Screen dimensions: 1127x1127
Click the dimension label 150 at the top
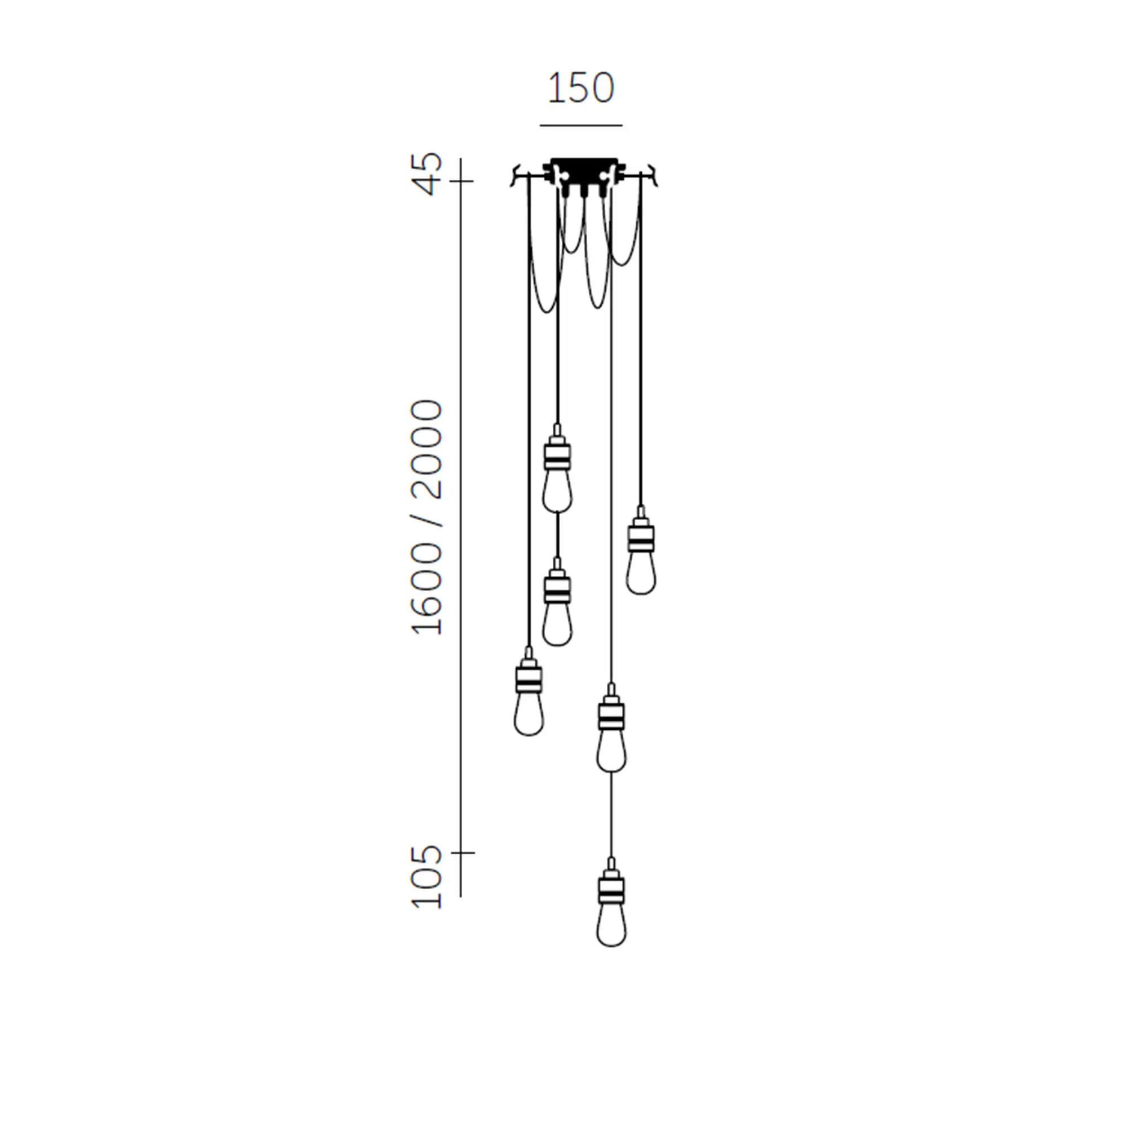click(580, 88)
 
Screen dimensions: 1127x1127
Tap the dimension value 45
click(427, 173)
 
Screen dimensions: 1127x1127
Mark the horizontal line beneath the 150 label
click(581, 125)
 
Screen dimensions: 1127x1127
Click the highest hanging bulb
click(557, 469)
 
